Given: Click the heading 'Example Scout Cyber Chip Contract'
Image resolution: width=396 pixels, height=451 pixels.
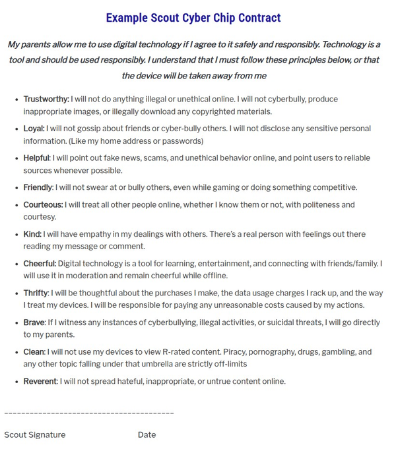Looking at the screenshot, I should (x=193, y=18).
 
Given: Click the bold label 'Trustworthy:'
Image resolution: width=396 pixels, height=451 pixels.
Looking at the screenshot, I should (x=46, y=100).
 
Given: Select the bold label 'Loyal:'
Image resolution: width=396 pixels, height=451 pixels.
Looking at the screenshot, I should (x=34, y=129).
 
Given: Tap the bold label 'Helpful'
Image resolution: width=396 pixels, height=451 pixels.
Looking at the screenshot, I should (x=36, y=158).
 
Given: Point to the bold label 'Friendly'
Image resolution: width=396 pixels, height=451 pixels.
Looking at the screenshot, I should (x=38, y=188).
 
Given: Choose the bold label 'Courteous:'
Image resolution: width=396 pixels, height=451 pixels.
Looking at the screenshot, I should (x=43, y=205).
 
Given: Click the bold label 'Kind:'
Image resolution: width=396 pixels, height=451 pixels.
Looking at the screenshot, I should (x=32, y=234).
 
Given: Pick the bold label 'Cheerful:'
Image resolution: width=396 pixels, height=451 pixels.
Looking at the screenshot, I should (x=40, y=264).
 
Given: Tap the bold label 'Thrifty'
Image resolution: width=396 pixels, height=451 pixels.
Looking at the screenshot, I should (x=36, y=293).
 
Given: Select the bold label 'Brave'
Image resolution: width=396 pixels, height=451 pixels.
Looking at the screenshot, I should (x=34, y=323).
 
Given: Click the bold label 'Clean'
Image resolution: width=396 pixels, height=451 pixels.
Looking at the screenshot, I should (x=34, y=352).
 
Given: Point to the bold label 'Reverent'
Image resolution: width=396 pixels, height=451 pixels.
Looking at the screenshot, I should (x=40, y=381).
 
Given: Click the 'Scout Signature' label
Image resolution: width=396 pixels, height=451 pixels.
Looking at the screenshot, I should (x=35, y=435).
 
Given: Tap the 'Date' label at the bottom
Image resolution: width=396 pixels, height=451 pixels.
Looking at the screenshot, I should (x=147, y=435).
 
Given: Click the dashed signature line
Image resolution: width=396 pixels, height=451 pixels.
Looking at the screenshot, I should (x=89, y=413).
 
